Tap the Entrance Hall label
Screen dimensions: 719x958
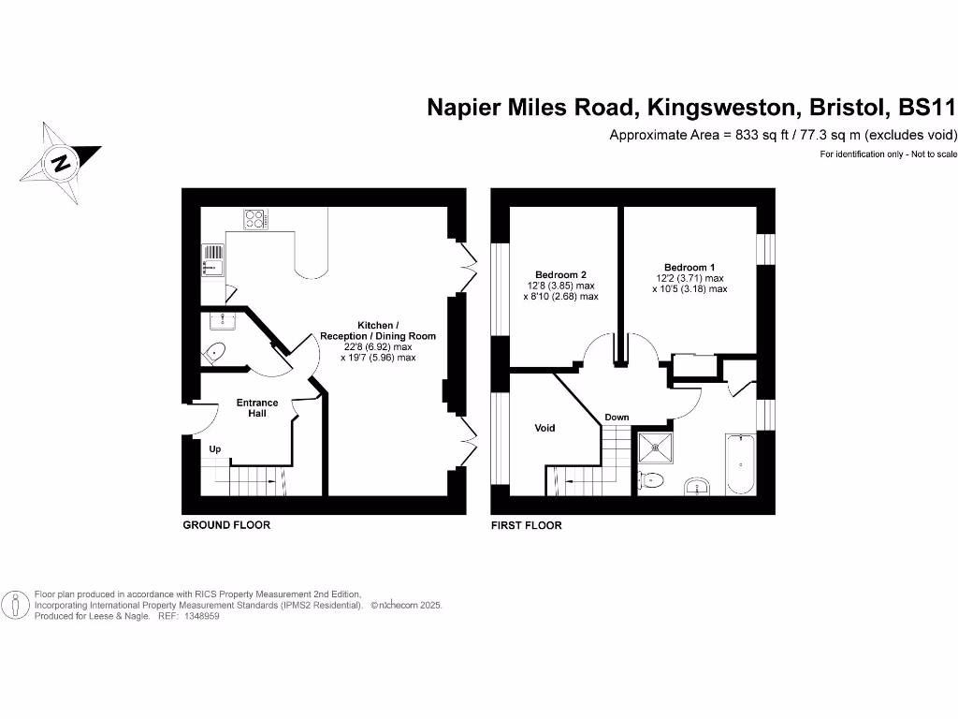(256, 408)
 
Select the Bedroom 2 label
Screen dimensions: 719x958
(560, 275)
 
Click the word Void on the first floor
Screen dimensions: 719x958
(544, 428)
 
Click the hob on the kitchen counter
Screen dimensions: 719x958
(254, 219)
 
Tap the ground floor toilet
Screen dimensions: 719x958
(214, 354)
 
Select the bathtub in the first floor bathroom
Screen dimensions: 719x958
(740, 462)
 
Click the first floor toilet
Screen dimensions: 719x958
(651, 481)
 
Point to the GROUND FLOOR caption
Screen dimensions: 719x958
(226, 525)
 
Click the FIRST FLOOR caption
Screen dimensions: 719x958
(527, 525)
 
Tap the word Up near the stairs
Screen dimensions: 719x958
(215, 448)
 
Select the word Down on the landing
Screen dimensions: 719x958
(617, 418)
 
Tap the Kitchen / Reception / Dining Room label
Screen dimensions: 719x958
(378, 335)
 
